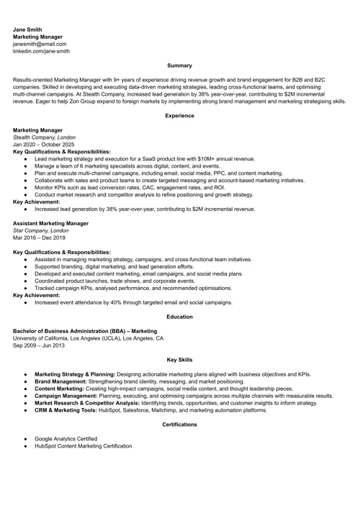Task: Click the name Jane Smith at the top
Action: tap(28, 30)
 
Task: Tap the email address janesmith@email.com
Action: tap(40, 44)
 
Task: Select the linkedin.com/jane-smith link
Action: tap(41, 52)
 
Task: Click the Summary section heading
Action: tap(179, 65)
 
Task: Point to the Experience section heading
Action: tap(179, 116)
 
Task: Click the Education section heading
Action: tap(179, 317)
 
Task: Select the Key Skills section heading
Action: tap(179, 360)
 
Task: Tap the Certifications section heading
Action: tap(179, 425)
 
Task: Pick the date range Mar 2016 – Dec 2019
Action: tap(40, 237)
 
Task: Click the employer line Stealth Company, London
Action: tap(44, 137)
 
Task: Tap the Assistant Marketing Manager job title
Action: tap(50, 223)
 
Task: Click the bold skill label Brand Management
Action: tap(63, 381)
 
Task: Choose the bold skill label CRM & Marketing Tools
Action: tap(68, 410)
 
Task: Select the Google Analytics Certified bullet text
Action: tap(66, 438)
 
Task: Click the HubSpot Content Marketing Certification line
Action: tap(83, 446)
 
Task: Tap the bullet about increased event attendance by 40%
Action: tap(133, 302)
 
